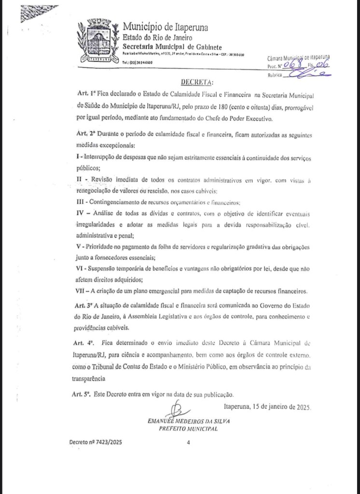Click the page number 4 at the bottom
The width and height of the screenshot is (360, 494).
[x=188, y=442]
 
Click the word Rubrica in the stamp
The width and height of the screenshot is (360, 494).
[x=275, y=75]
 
